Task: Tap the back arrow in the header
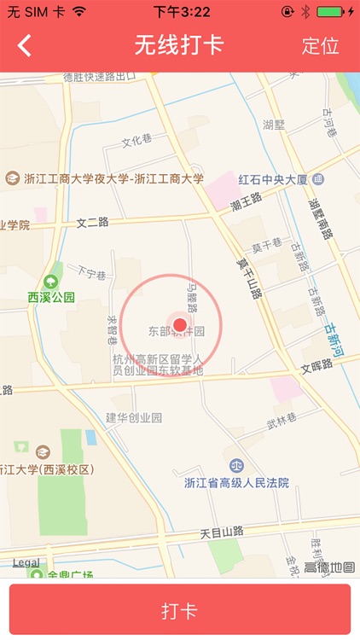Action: tap(25, 45)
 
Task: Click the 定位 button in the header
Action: tap(320, 46)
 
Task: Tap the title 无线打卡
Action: tap(179, 45)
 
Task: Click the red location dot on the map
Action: tap(179, 323)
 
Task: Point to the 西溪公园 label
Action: tap(51, 298)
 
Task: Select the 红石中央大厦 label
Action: tap(272, 180)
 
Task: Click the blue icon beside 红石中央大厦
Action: tap(318, 180)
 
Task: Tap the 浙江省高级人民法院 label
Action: tap(236, 483)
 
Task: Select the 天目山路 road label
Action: tap(222, 532)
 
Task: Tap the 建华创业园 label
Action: tap(134, 417)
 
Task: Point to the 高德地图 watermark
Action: tap(329, 567)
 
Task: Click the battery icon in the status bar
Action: tap(333, 12)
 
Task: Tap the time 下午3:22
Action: tap(182, 12)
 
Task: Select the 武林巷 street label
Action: tap(282, 419)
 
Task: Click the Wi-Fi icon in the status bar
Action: tap(79, 12)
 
